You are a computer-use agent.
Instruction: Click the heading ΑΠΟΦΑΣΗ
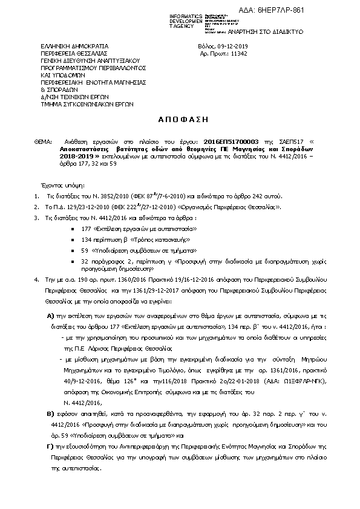click(x=180, y=120)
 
